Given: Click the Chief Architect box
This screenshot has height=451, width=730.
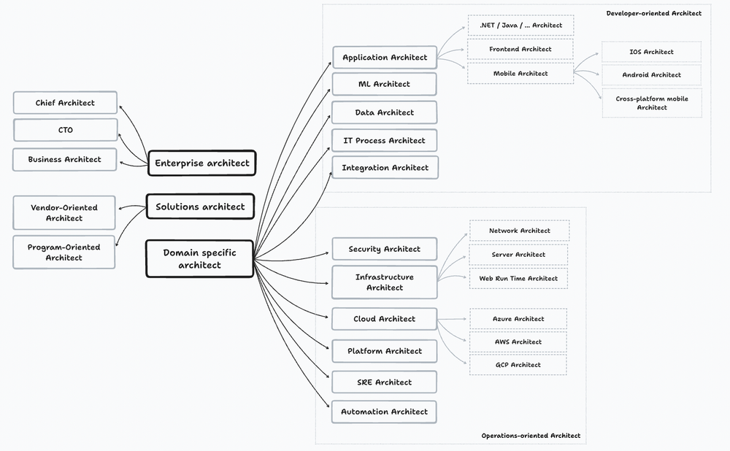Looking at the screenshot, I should [x=65, y=103].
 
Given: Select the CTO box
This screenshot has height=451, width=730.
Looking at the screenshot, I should [x=65, y=131].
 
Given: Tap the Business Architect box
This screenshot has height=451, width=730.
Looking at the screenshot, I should [x=65, y=159].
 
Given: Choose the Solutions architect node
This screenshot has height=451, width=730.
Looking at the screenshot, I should [x=200, y=207].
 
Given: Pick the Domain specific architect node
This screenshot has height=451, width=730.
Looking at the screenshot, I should [x=200, y=259].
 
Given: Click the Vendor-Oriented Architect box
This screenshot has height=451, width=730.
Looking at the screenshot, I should [x=64, y=212].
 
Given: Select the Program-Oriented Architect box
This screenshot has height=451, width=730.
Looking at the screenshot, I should [x=64, y=252].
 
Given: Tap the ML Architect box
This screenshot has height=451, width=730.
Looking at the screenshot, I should [x=384, y=84].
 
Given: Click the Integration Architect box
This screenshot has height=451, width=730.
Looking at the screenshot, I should [x=385, y=168].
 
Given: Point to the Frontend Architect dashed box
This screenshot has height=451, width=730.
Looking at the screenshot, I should [x=520, y=49].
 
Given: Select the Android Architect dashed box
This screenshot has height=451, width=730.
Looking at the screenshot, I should [x=651, y=74].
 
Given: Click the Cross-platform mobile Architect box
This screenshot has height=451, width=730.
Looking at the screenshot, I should [x=651, y=102].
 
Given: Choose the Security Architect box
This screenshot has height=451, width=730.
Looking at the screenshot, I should [x=384, y=249].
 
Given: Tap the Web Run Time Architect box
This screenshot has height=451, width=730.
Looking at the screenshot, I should [x=518, y=278].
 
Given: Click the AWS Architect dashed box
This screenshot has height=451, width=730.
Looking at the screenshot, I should [x=518, y=342].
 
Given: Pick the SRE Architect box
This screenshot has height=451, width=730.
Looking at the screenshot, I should [x=384, y=382].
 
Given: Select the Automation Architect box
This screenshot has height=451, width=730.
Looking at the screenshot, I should [x=384, y=412].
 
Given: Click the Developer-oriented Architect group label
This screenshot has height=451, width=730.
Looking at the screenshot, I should [x=653, y=13].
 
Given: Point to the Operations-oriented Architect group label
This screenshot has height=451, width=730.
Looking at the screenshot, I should [x=531, y=436].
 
